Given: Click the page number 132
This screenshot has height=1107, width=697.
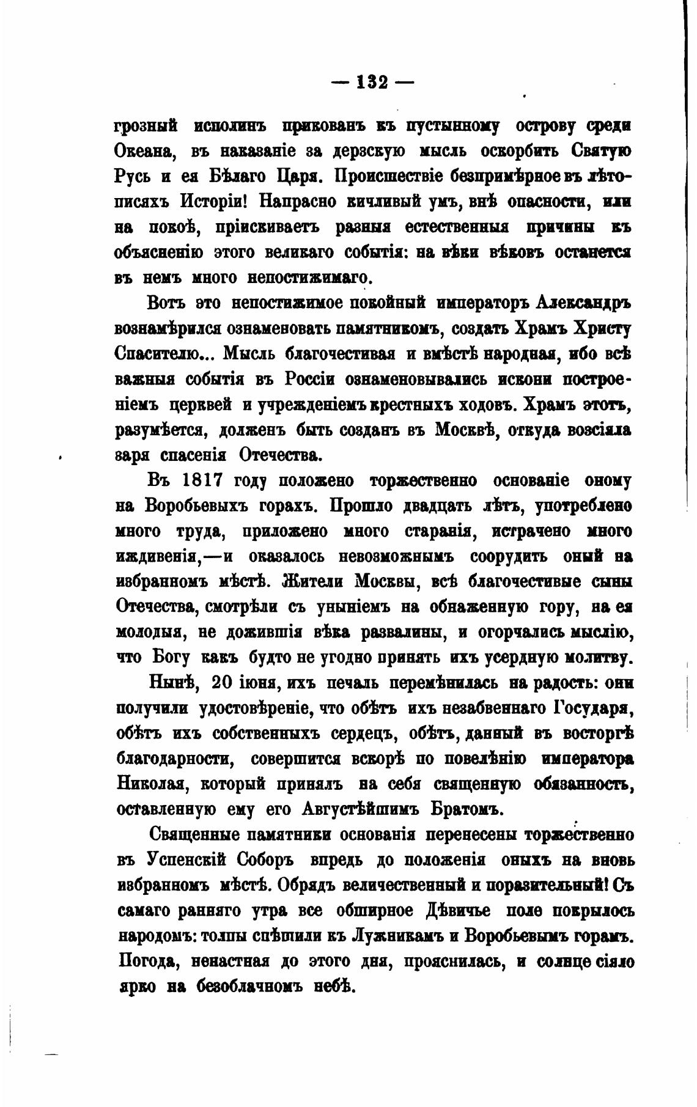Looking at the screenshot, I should pos(372,81).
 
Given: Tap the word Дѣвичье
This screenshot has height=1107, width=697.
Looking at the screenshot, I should pos(455,910).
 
